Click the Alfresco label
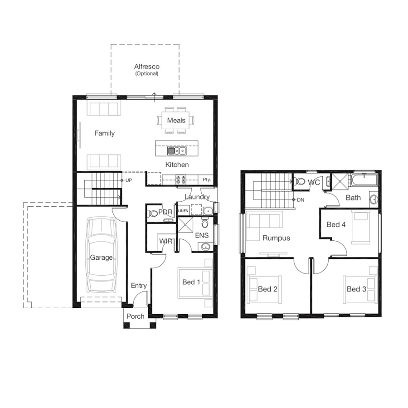tap(147, 67)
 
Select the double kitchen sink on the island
tap(177, 151)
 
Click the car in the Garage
tap(101, 255)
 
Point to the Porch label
tap(135, 316)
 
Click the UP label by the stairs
tap(129, 180)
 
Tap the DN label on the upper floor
tap(301, 200)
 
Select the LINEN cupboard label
tap(183, 211)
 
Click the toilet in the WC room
tap(299, 181)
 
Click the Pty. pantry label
tap(207, 180)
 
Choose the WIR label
tap(166, 241)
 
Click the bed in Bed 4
tap(361, 228)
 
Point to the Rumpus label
tap(277, 238)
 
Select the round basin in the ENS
tap(206, 247)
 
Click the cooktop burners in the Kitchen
tap(181, 180)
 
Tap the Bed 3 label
tap(356, 289)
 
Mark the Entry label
tap(139, 286)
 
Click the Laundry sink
tap(208, 211)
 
